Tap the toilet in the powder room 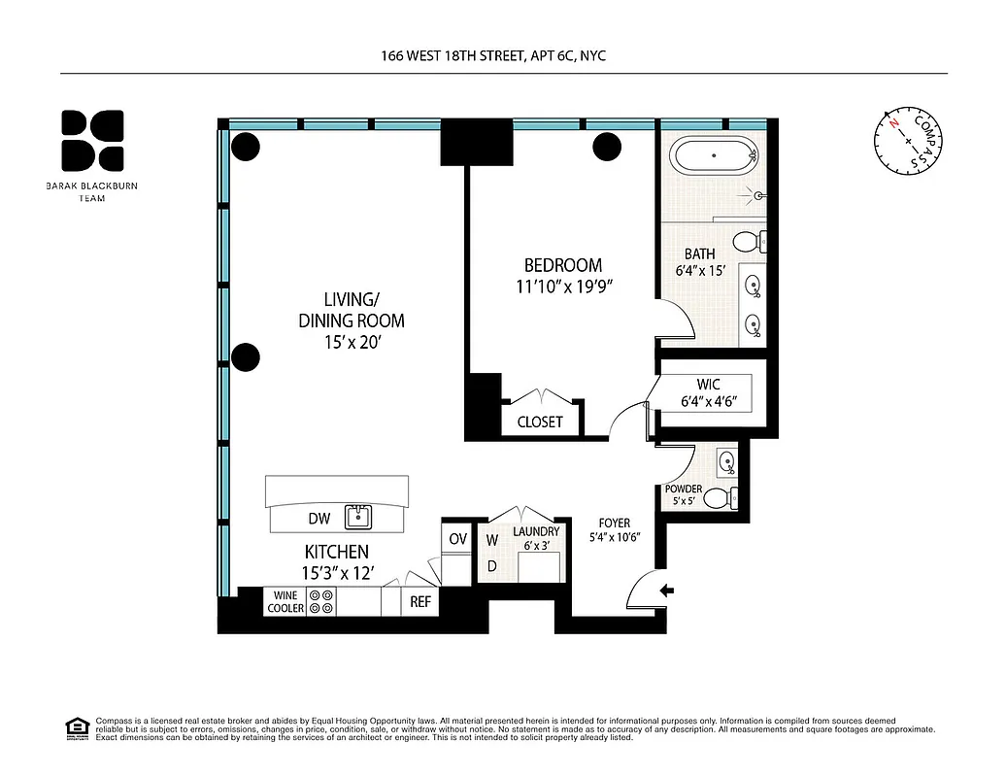point(718,498)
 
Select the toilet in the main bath point(747,241)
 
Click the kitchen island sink point(357,516)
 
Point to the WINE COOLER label point(285,601)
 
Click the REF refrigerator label point(419,602)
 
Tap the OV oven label point(456,538)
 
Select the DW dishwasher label point(319,519)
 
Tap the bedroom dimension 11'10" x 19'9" point(563,287)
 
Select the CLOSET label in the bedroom point(540,422)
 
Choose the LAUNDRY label point(536,531)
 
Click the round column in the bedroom point(607,147)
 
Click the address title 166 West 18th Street point(492,56)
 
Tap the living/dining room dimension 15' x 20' point(351,342)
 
